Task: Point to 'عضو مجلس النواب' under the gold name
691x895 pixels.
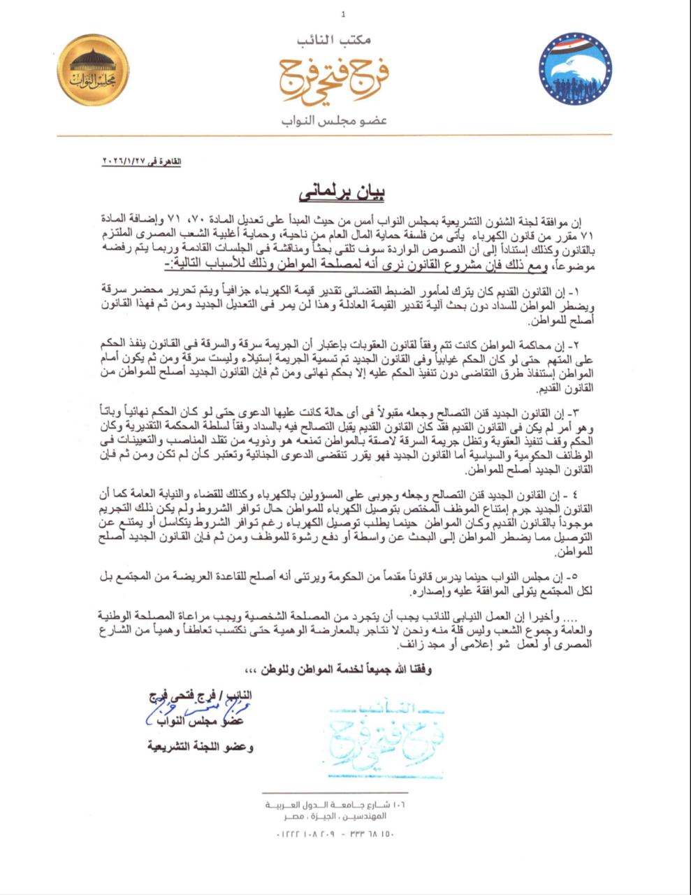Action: click(334, 121)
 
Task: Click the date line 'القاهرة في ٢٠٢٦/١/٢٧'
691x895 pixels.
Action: click(142, 162)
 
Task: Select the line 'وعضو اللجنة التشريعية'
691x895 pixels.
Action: click(200, 747)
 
